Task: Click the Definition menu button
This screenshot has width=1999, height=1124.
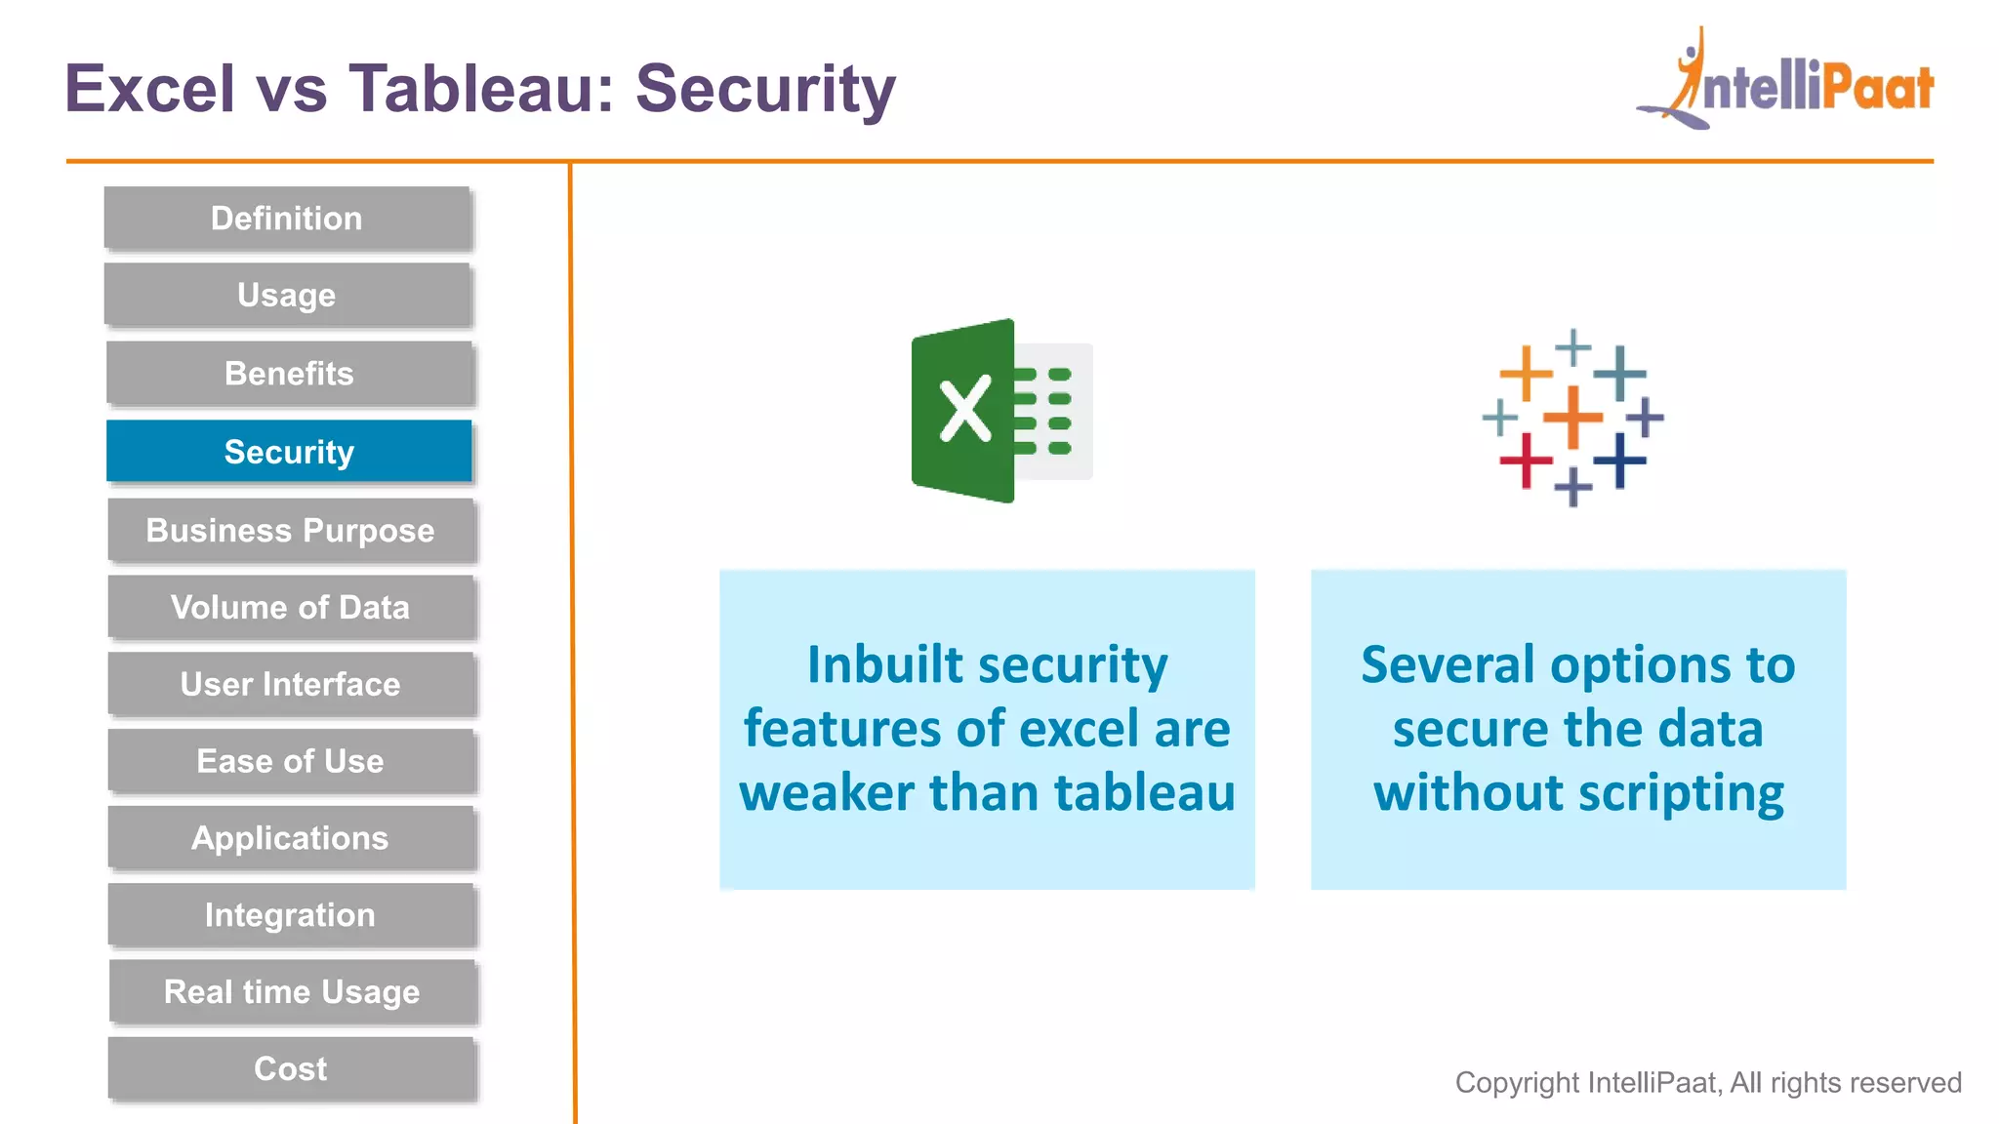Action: [287, 218]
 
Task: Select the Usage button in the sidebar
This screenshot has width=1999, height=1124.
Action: [287, 295]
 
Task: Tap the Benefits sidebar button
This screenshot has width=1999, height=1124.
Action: [289, 373]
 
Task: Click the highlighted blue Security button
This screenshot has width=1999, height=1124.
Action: [289, 451]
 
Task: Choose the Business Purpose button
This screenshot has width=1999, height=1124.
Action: [291, 530]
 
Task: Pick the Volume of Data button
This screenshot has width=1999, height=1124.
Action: [291, 607]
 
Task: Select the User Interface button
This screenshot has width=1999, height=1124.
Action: [291, 684]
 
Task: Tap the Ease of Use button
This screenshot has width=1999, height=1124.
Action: [291, 761]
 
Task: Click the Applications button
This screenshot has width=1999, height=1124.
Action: [291, 838]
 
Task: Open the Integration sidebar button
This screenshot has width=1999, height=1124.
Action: [291, 915]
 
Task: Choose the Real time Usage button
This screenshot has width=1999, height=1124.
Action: [292, 991]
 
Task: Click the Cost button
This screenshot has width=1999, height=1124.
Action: [291, 1068]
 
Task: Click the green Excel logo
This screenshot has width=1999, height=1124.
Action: [999, 411]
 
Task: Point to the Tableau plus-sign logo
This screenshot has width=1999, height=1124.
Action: [1572, 418]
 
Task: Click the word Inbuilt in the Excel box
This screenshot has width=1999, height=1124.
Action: [885, 665]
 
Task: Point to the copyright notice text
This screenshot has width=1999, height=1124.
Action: [1708, 1082]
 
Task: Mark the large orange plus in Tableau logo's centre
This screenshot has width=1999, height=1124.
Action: [1572, 418]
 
